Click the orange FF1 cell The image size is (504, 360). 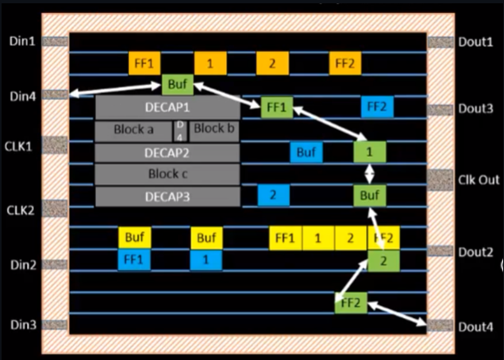pos(145,63)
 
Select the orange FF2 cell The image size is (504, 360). pos(345,63)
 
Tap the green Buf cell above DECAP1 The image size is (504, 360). pos(177,84)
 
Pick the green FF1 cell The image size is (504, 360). pos(276,106)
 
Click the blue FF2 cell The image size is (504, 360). pos(377,106)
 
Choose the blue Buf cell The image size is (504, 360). pos(305,151)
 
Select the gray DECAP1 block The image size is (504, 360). pos(167,107)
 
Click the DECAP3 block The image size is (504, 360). pos(167,195)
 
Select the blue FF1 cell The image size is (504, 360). pos(133,259)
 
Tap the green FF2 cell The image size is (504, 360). pos(350,302)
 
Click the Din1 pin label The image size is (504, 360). pos(21,40)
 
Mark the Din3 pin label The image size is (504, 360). pos(21,324)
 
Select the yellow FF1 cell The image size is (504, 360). pos(285,238)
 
